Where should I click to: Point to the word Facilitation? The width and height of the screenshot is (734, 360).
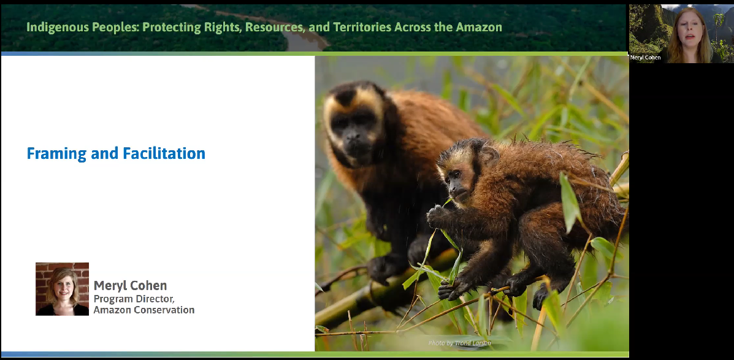[x=164, y=153]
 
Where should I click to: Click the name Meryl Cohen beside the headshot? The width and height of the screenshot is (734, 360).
[x=130, y=286]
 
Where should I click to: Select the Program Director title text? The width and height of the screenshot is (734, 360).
[x=134, y=299]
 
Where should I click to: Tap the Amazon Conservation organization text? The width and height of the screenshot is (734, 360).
[x=143, y=310]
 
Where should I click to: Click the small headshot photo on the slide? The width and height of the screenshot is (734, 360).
[x=63, y=289]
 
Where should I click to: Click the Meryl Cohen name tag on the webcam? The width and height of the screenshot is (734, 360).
[x=645, y=58]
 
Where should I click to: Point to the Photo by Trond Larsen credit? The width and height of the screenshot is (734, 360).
[x=460, y=343]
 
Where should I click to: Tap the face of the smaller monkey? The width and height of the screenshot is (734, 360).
[x=457, y=178]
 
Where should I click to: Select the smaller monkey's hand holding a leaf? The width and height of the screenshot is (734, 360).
[x=437, y=215]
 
